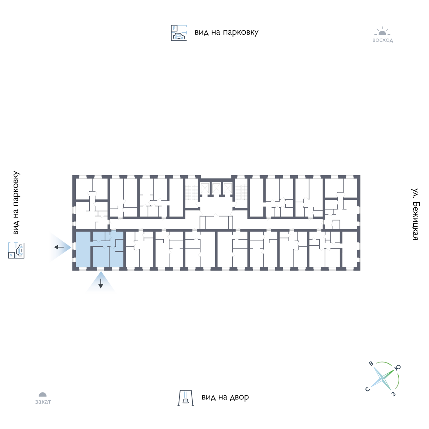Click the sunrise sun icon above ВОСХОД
(x=383, y=31)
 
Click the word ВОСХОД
(x=383, y=41)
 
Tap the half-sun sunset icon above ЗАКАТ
(x=43, y=395)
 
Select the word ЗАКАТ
(x=43, y=402)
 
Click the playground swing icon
(x=186, y=398)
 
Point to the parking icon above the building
(x=179, y=33)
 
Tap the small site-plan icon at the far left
(x=16, y=250)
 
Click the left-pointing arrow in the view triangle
(x=59, y=247)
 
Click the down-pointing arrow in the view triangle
(x=100, y=283)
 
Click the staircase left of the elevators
(x=191, y=192)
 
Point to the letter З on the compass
(x=394, y=394)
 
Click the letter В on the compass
(x=371, y=364)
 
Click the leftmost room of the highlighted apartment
(x=83, y=249)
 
